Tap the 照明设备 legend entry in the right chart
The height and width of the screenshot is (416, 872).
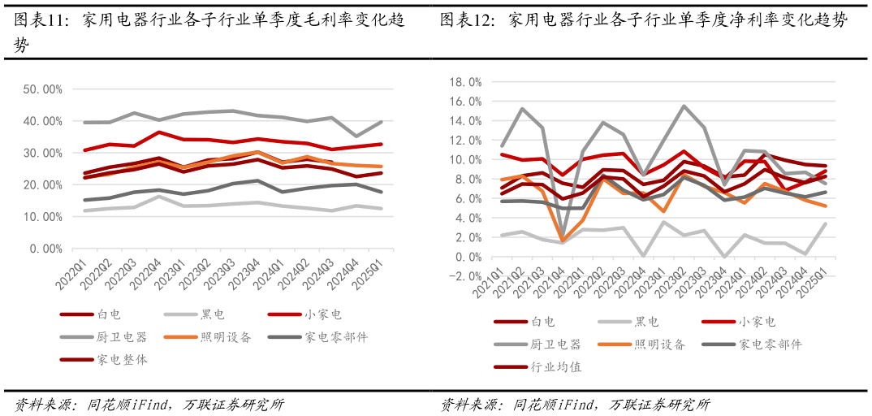pyautogui.click(x=659, y=344)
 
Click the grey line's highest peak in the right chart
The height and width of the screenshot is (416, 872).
pyautogui.click(x=684, y=106)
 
